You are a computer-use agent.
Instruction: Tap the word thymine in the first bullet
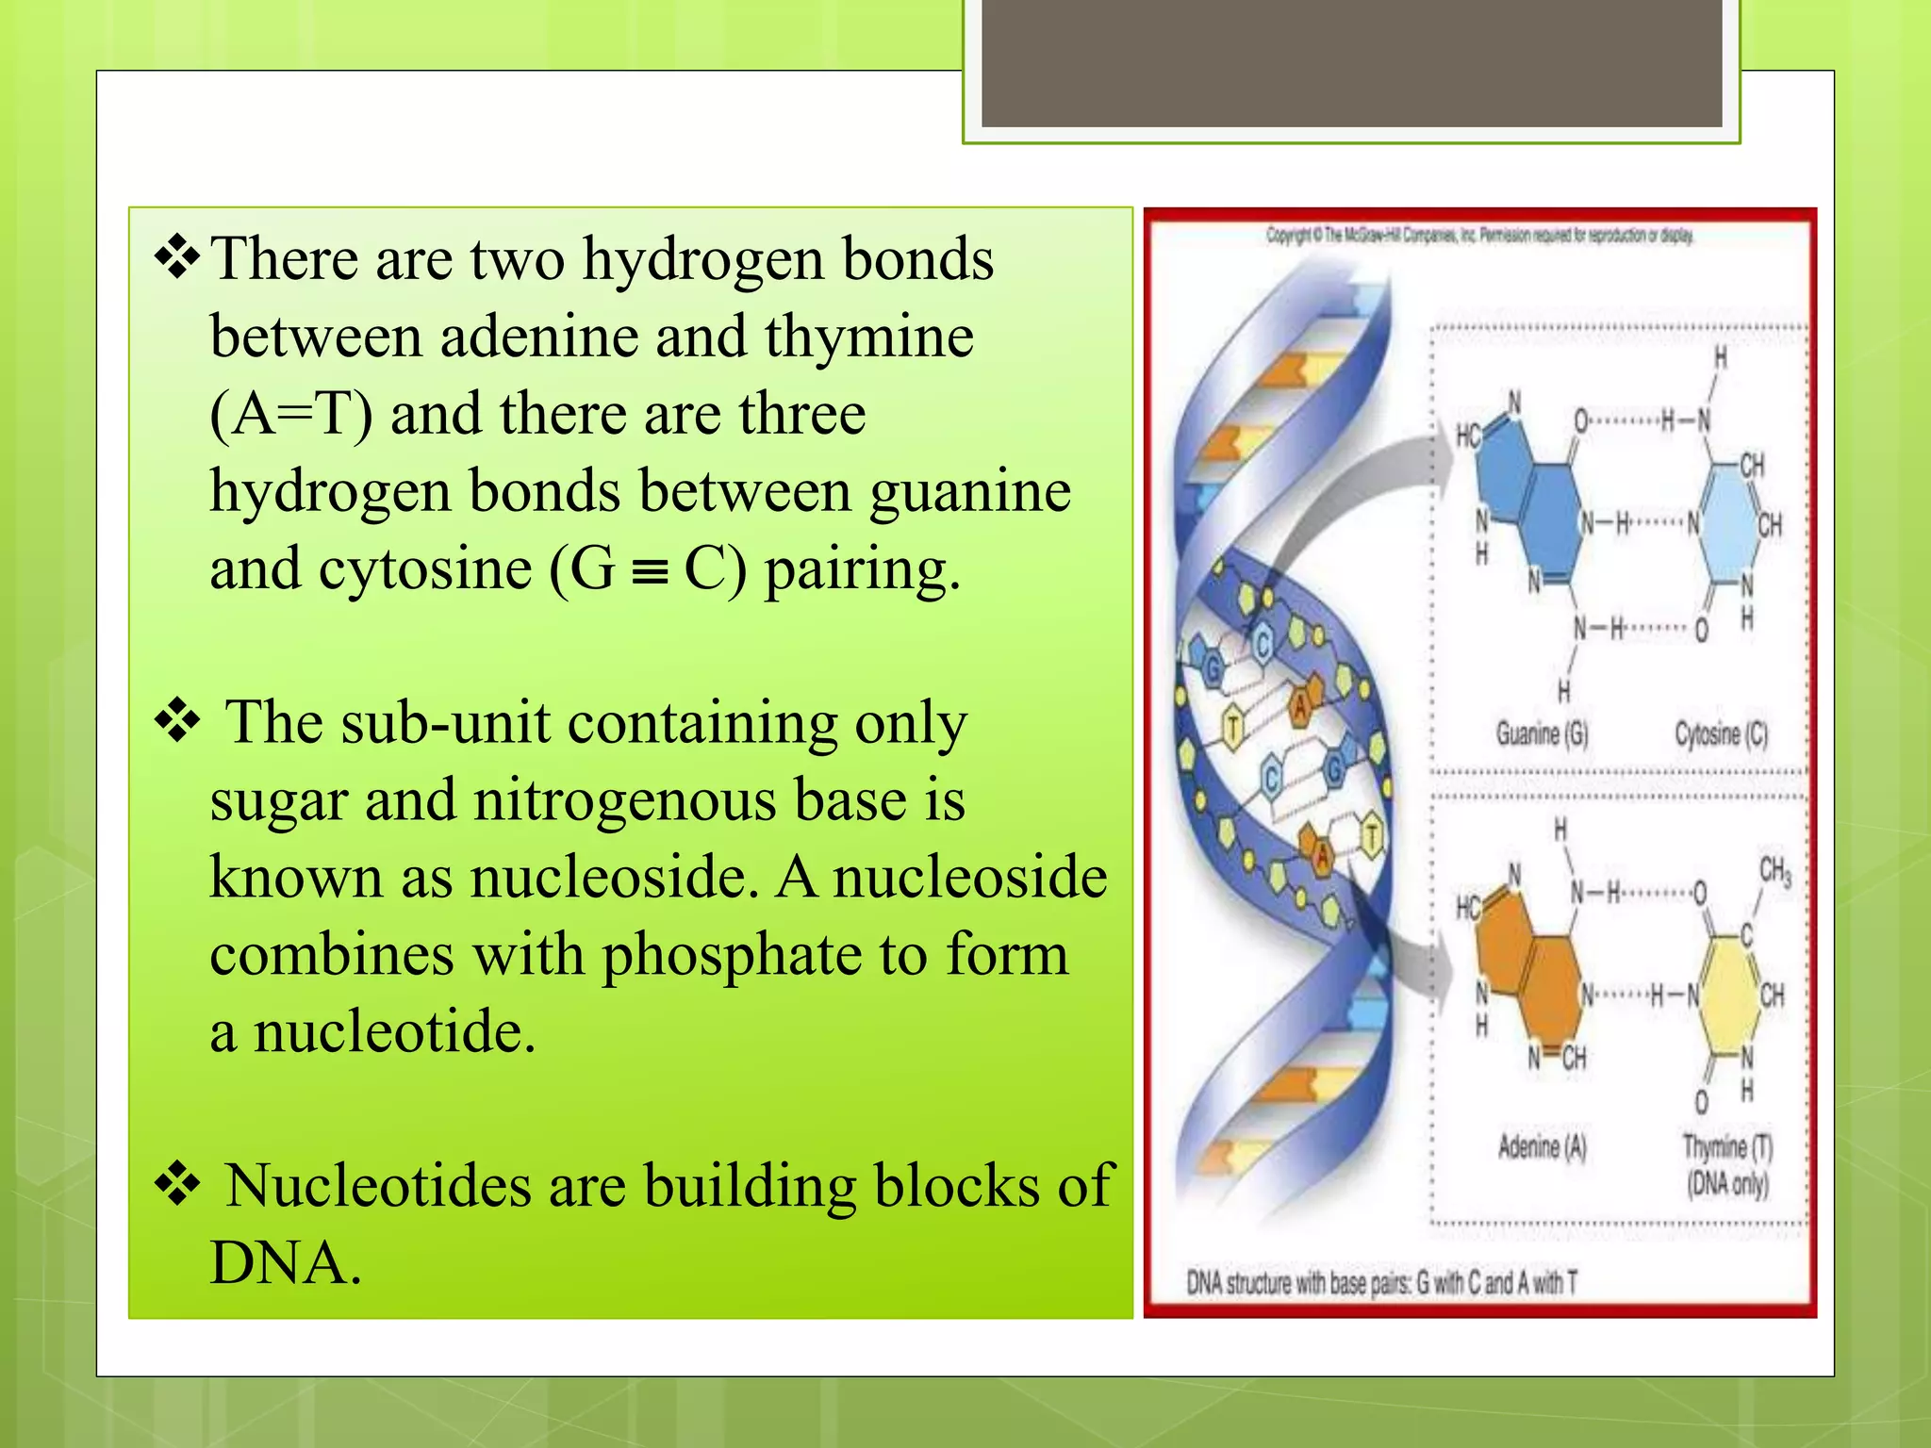tap(868, 337)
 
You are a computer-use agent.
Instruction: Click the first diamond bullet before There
tap(177, 259)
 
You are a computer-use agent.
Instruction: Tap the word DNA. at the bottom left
tap(285, 1263)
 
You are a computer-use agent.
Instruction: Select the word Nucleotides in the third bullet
tap(378, 1185)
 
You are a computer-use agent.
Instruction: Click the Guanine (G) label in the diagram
tap(1543, 733)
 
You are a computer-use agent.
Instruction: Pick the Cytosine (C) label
tap(1721, 733)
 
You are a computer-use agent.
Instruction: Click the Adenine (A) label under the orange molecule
tap(1543, 1147)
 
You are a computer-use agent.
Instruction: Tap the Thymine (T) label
tap(1728, 1147)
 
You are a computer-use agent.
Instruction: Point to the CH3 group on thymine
tap(1774, 870)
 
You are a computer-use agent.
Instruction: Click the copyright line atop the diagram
tap(1479, 236)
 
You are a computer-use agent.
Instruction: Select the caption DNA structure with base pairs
tap(1381, 1283)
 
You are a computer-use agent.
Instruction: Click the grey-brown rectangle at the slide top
tap(1351, 63)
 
